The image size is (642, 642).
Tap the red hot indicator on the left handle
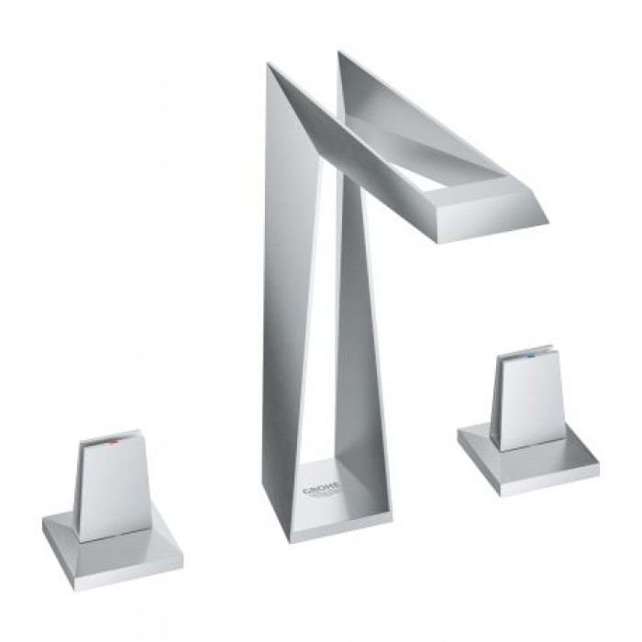(x=112, y=441)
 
